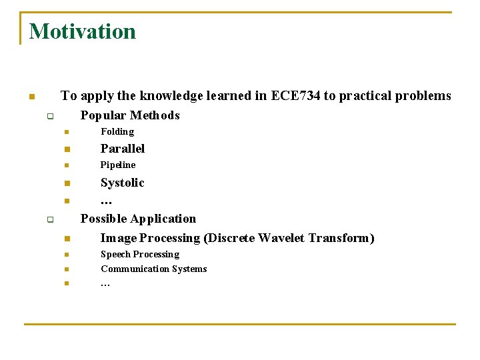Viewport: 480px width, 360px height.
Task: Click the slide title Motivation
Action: tap(82, 31)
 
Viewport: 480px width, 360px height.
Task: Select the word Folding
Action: tap(117, 132)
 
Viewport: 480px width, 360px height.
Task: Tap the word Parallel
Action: tap(123, 149)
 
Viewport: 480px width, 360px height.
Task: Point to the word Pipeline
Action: tap(118, 165)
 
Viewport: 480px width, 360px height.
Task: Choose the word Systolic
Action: tap(122, 183)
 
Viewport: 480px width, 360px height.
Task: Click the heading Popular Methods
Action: tap(130, 115)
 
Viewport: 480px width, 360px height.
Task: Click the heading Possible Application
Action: tap(138, 219)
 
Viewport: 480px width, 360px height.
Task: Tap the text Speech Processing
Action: tap(140, 255)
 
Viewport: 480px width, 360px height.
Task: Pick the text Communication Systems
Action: tap(153, 269)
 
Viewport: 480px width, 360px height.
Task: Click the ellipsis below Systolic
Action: tap(105, 201)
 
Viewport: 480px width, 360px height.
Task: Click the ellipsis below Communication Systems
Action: tap(105, 285)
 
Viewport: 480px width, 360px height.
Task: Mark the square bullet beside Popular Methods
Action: tap(49, 117)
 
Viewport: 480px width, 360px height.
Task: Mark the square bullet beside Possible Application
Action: tap(49, 219)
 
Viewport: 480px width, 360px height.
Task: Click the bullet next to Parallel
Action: tap(67, 149)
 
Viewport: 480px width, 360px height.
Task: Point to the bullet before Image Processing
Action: tap(67, 239)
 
